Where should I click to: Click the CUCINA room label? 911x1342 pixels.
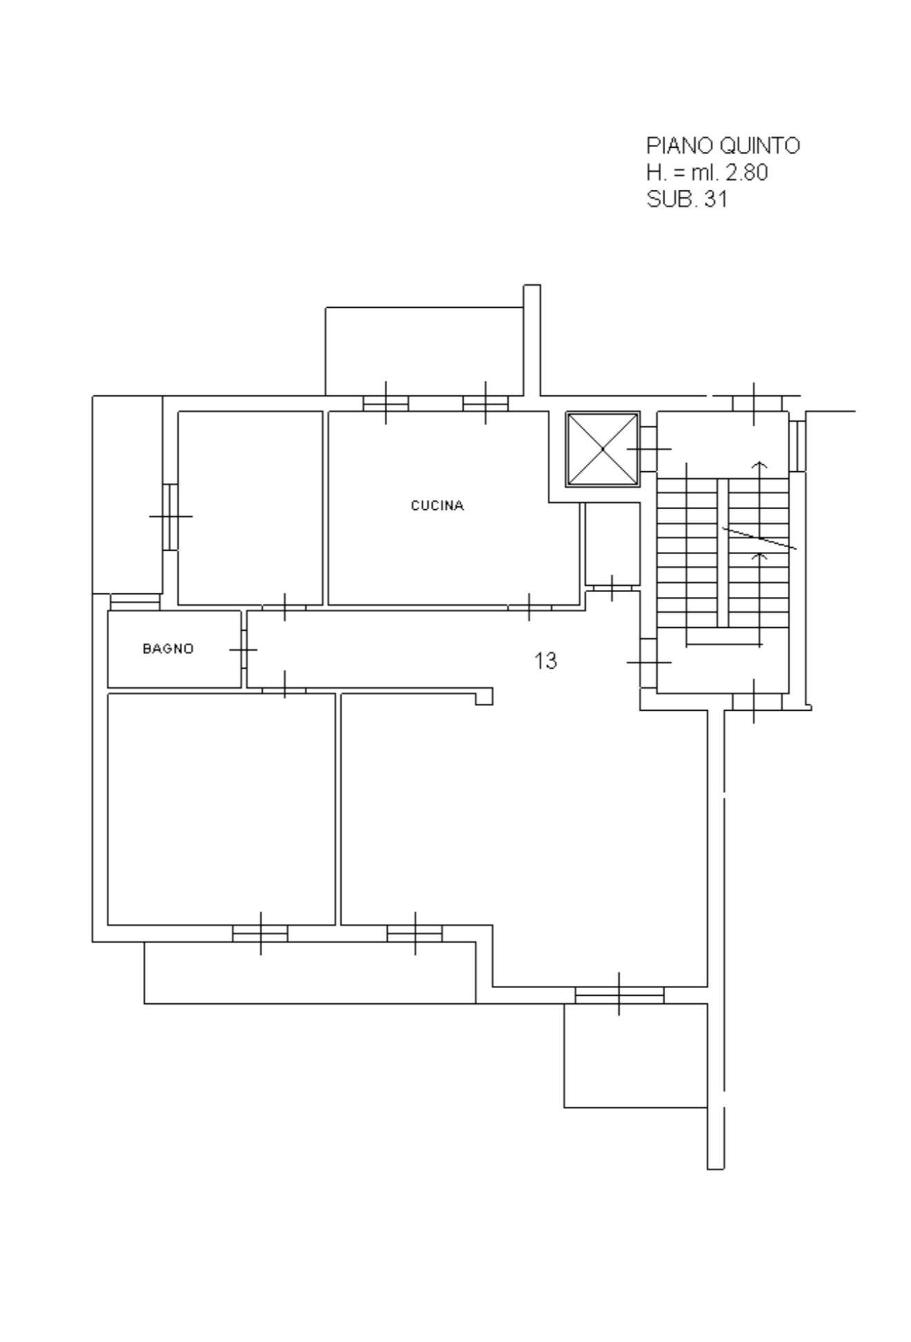(x=438, y=506)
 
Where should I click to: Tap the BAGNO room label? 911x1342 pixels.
(x=168, y=649)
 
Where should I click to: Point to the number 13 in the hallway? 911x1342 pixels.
(x=545, y=661)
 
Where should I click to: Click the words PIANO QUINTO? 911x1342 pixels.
(x=723, y=146)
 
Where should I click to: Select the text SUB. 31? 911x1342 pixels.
(x=687, y=199)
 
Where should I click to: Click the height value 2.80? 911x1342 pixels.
(x=746, y=172)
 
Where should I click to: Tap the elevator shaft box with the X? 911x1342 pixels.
(x=603, y=449)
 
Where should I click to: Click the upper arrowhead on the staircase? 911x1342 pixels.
(x=760, y=465)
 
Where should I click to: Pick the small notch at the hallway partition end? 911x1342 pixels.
(x=484, y=697)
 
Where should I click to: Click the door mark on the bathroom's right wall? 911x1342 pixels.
(x=244, y=649)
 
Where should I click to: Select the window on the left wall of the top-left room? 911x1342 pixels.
(x=170, y=516)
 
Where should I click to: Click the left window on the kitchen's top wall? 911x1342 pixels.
(x=386, y=403)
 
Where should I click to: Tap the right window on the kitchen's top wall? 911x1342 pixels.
(x=486, y=403)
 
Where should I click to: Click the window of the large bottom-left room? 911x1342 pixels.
(x=260, y=934)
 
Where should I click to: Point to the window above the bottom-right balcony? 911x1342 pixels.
(x=619, y=994)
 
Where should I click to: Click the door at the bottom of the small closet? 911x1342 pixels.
(x=612, y=588)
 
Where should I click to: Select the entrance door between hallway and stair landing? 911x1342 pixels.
(x=648, y=662)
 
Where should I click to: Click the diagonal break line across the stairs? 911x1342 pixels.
(x=759, y=538)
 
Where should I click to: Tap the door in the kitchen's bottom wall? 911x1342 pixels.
(x=529, y=607)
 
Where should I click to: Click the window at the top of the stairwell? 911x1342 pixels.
(x=754, y=404)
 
